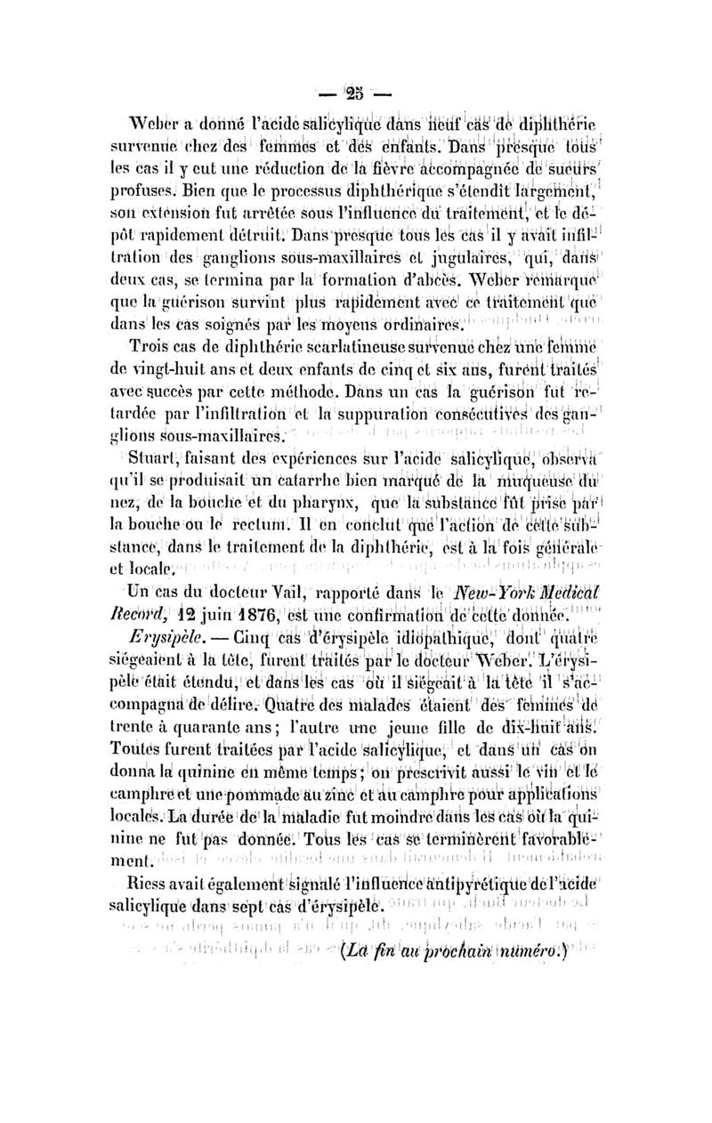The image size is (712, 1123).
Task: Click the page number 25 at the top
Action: click(355, 92)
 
